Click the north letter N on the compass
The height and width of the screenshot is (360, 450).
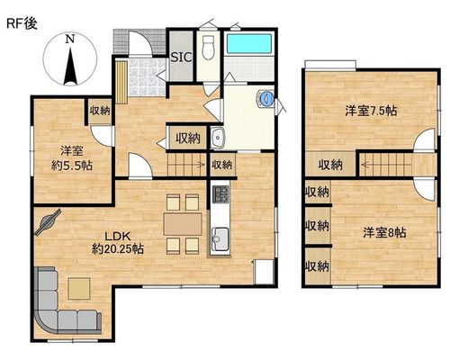70,39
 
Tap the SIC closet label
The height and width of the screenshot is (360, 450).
182,57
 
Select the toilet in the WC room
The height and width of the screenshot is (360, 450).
208,48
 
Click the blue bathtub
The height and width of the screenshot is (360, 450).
249,44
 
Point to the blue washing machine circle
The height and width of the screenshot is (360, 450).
266,98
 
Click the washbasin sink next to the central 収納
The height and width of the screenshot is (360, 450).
218,138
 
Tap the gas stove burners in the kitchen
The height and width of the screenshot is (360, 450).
220,193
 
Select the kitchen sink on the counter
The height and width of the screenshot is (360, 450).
220,238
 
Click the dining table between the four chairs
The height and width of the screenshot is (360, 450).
183,224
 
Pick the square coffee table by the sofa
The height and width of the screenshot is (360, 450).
79,289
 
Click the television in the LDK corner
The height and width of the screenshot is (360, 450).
48,221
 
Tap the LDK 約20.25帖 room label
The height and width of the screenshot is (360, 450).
117,242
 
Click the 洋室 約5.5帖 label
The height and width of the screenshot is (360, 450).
72,157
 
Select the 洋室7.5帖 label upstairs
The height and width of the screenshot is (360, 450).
371,112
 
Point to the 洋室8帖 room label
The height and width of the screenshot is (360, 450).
385,232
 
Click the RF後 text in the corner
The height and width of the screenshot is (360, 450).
22,24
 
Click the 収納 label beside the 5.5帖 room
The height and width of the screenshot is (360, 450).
100,111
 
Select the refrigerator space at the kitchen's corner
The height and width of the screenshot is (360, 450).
264,272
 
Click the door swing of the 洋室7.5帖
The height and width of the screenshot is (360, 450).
424,139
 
